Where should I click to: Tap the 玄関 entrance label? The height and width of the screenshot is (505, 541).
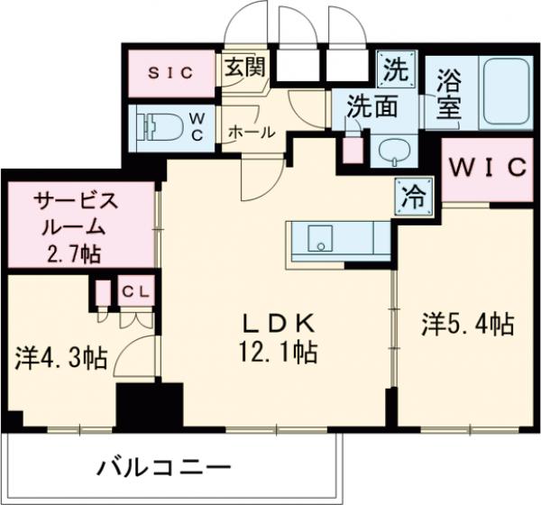coord(243,67)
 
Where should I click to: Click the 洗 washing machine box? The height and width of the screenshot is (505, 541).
coord(396,67)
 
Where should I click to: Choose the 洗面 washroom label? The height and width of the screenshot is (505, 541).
coord(374,106)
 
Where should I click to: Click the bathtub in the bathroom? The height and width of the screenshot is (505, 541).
coord(508,91)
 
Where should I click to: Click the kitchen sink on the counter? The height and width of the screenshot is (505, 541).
coord(322,239)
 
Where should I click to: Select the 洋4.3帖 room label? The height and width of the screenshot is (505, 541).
coord(60,359)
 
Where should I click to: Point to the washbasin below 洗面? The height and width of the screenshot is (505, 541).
coord(393,150)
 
